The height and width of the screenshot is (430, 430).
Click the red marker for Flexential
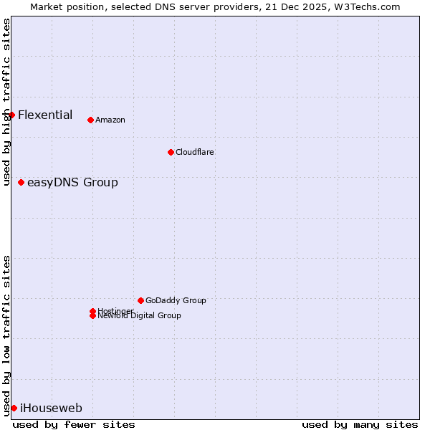coord(11,115)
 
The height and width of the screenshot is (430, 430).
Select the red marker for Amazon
coord(90,120)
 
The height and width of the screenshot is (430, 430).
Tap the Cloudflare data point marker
coord(171,152)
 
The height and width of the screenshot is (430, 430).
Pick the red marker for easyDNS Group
coord(21,182)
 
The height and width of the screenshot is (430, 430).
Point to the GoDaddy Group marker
coord(140,300)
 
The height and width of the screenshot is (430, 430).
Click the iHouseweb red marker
coord(14,408)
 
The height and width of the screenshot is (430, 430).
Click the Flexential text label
coord(45,115)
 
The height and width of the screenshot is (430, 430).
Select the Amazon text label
coord(110,120)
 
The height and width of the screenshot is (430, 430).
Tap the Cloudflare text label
coord(195,152)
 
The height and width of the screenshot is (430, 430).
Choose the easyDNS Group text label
coord(72,182)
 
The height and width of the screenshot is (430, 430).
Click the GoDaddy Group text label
coord(176,300)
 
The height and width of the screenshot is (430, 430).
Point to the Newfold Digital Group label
coord(140,316)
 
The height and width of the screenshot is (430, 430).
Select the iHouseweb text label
coord(51,408)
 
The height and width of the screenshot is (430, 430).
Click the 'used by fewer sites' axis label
coord(74,424)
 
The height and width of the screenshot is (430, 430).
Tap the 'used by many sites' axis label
coord(360,424)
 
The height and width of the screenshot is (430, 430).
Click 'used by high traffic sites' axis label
coord(6,102)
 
